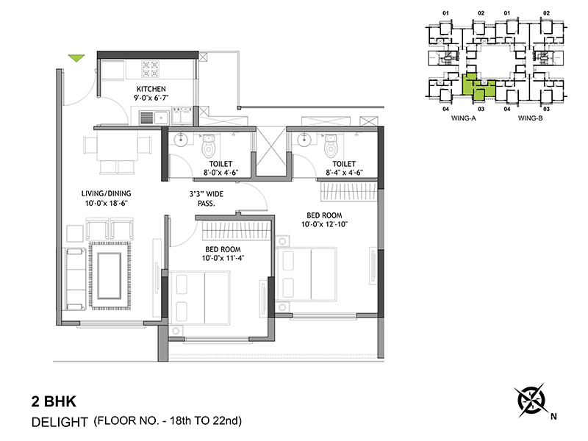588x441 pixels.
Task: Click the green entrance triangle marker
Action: click(76, 58)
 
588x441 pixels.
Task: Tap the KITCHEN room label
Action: click(151, 89)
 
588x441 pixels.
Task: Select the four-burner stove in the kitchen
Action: click(151, 69)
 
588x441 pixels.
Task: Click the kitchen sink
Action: click(154, 118)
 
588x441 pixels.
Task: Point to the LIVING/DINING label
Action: click(107, 193)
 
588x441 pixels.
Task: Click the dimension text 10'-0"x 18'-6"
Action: click(107, 204)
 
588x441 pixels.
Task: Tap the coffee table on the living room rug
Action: click(110, 276)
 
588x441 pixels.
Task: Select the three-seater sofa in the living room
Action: click(75, 279)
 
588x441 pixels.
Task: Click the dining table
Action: click(117, 148)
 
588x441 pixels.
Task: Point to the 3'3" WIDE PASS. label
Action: click(207, 198)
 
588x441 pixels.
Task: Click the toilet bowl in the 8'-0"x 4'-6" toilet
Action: click(207, 146)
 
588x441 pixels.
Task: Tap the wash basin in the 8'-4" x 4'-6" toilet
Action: click(304, 140)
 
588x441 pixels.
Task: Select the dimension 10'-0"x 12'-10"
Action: click(325, 224)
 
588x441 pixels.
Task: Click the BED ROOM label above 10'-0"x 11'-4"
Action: click(223, 249)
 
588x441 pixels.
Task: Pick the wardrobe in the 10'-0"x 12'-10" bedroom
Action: click(348, 192)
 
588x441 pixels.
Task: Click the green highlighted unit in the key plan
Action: click(478, 87)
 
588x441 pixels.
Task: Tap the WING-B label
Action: click(530, 118)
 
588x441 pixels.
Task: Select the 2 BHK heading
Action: click(54, 401)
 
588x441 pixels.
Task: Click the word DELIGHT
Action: click(60, 422)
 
